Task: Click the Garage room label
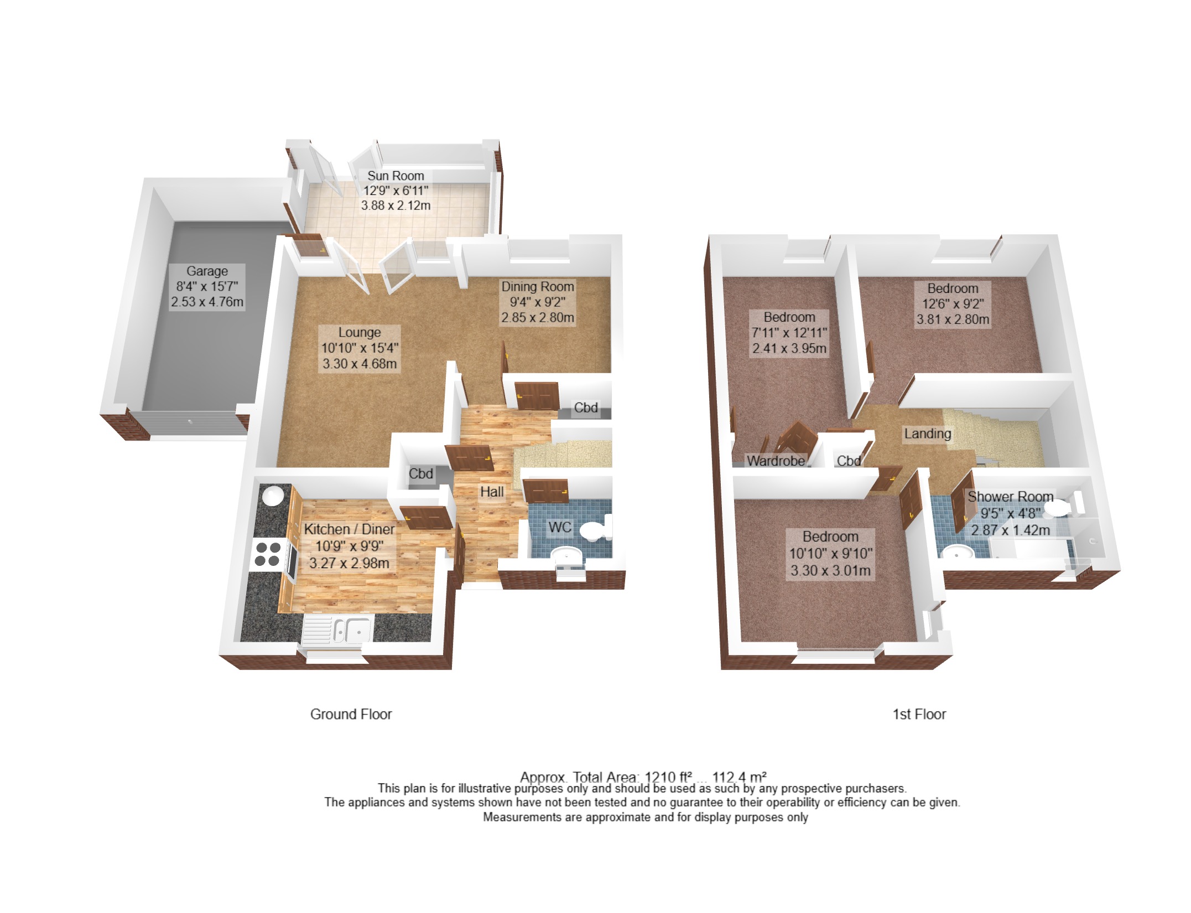pos(207,271)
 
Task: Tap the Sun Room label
pos(396,176)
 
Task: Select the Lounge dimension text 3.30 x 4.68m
pos(360,364)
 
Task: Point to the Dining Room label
pos(538,287)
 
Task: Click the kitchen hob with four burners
pos(268,554)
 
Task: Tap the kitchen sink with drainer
pos(337,630)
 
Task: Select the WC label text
pos(560,527)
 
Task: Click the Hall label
pos(492,492)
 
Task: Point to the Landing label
pos(928,434)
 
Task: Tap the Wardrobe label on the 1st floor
pos(776,461)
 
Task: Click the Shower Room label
pos(1010,497)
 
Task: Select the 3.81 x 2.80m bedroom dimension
pos(953,319)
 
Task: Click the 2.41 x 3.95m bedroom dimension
pos(789,348)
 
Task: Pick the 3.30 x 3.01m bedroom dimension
pos(830,570)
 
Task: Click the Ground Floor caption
pos(351,714)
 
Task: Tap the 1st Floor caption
pos(919,714)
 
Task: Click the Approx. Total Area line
pos(643,777)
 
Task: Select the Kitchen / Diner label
pos(349,529)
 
